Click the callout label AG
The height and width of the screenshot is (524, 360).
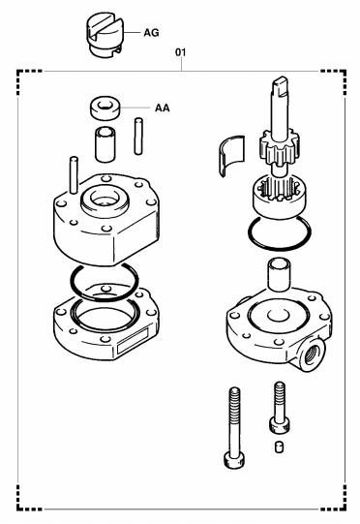coord(151,33)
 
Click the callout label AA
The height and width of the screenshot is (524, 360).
coord(162,108)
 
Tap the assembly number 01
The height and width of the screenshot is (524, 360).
coord(181,52)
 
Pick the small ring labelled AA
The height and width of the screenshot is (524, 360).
coord(105,108)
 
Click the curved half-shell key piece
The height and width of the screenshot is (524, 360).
coord(231,155)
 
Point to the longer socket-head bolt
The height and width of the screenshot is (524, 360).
coord(234,427)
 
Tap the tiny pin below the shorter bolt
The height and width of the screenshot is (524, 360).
coord(280,447)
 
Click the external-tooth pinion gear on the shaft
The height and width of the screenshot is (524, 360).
coord(279,146)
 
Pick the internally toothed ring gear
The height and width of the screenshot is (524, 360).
coord(276,198)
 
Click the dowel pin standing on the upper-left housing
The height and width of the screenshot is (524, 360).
coord(74,174)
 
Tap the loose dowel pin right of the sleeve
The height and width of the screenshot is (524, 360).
coord(138,136)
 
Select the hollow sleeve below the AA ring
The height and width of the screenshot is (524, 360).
coord(105,143)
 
